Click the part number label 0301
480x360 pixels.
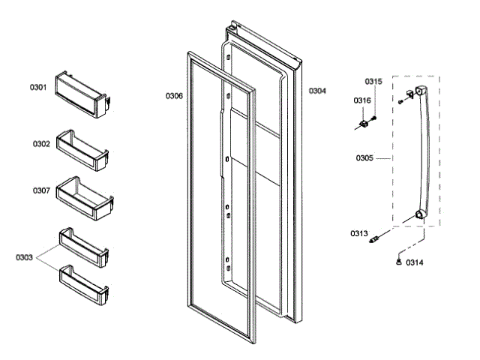click(x=38, y=88)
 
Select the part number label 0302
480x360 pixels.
click(x=41, y=143)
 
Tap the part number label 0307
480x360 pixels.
click(x=41, y=190)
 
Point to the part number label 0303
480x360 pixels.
click(x=24, y=257)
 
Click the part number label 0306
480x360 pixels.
click(x=174, y=95)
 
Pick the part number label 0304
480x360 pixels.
click(x=317, y=91)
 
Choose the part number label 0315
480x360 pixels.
click(x=373, y=81)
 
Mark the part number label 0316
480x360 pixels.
click(x=362, y=100)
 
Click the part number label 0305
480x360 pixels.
click(x=365, y=158)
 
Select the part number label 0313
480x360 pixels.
click(x=358, y=233)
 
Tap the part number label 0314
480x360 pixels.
click(x=415, y=262)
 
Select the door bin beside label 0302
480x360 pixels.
click(x=84, y=147)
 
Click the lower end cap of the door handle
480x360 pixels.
click(x=415, y=218)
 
